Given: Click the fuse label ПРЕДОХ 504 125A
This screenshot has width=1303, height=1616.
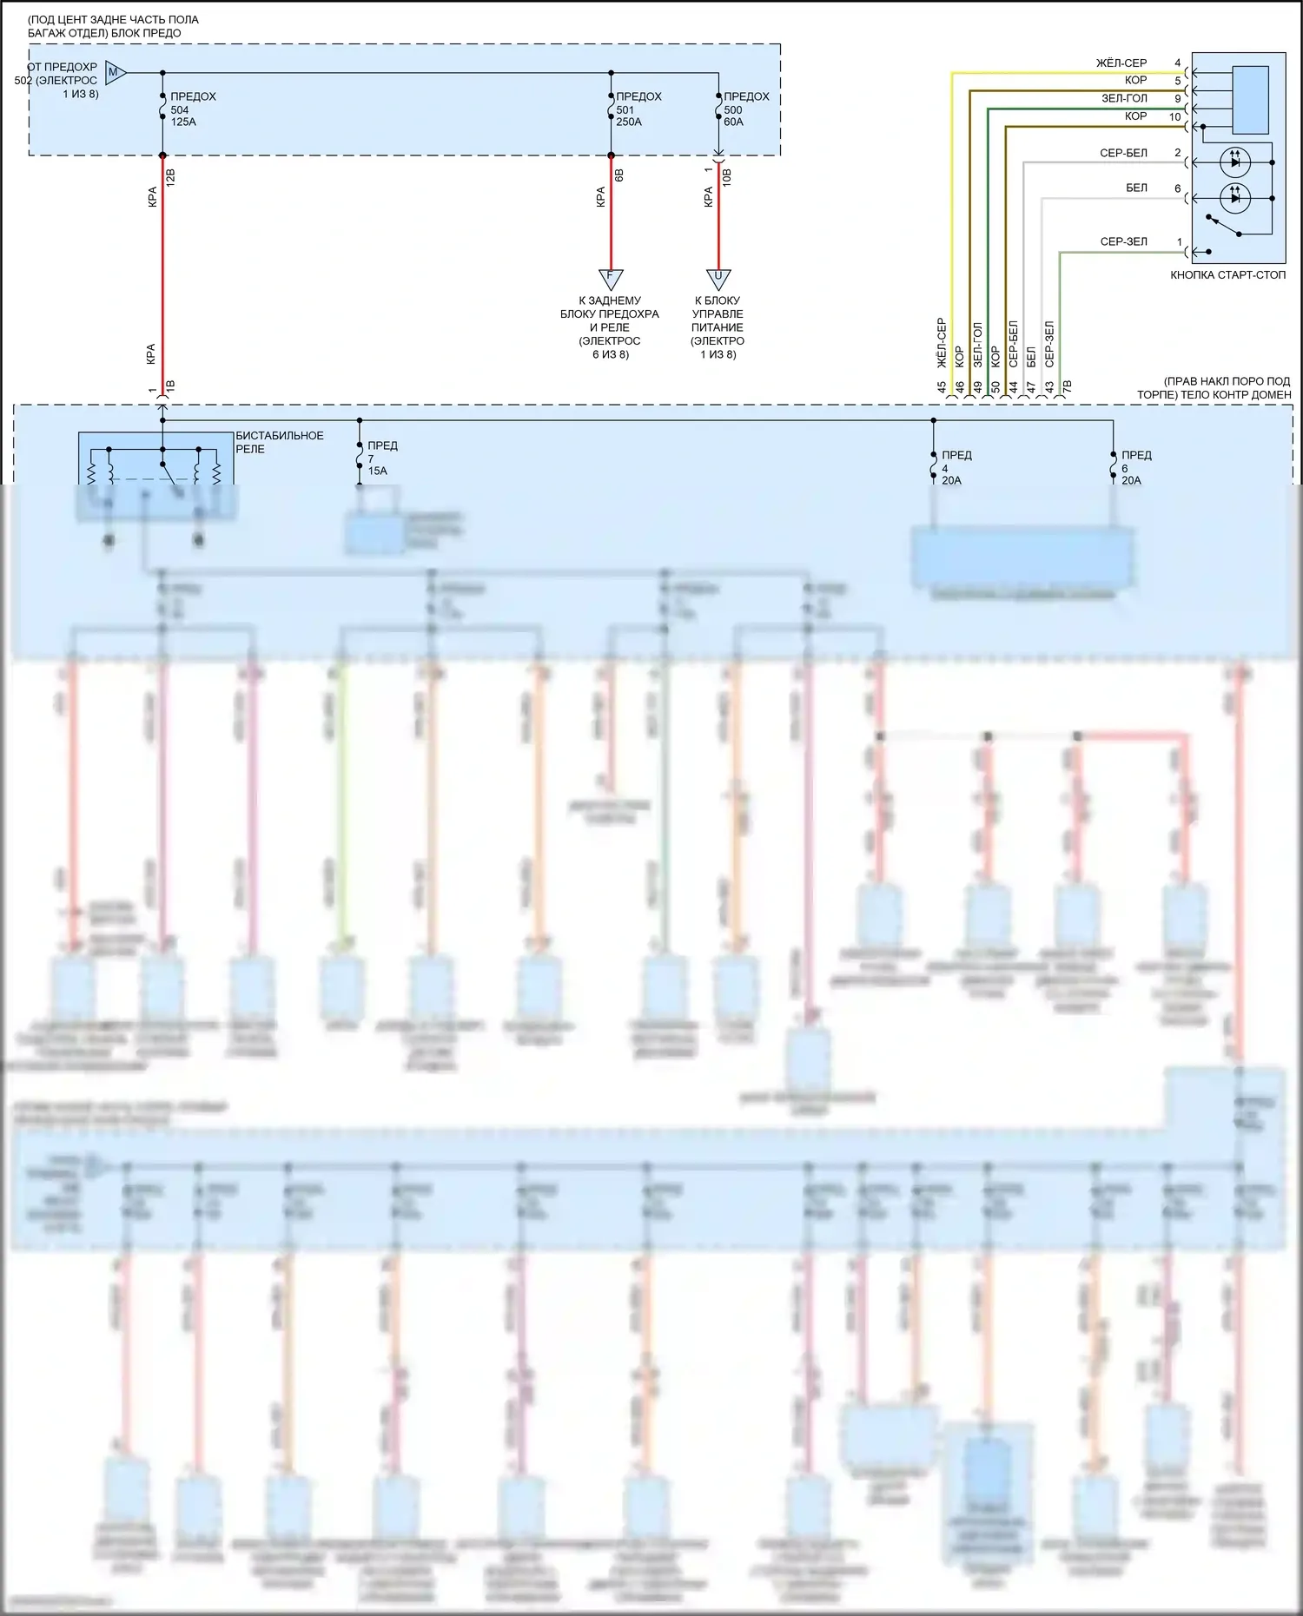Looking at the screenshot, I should [x=192, y=109].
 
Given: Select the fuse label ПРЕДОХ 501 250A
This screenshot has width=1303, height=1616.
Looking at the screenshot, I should [x=638, y=109].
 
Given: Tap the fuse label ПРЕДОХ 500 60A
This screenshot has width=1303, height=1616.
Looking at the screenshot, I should [x=745, y=109].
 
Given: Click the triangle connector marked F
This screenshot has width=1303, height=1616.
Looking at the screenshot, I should [x=611, y=280].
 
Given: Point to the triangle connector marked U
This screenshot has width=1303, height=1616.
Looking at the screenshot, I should [x=718, y=280].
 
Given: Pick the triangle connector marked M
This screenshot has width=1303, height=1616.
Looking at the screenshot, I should [x=116, y=73].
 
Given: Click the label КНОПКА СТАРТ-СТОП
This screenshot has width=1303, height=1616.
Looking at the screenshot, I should [x=1227, y=275].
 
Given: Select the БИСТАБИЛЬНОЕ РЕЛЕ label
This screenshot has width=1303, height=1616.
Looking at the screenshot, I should [x=279, y=442].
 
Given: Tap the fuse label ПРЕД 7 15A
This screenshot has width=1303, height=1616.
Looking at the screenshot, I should [x=381, y=458].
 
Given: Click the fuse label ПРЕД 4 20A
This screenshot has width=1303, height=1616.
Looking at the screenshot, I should [x=956, y=467].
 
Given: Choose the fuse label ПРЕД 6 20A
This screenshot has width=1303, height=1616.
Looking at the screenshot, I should [x=1135, y=467].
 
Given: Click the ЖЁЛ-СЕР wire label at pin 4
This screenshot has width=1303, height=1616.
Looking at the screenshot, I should [x=1121, y=63].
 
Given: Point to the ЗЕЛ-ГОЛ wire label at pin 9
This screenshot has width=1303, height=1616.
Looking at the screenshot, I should [x=1124, y=99].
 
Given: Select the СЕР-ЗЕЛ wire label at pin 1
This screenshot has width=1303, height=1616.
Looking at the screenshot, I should [x=1123, y=242].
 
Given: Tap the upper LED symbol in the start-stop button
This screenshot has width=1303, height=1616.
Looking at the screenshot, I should [x=1235, y=162].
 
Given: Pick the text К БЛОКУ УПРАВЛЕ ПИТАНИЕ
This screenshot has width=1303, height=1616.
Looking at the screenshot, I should [x=718, y=313].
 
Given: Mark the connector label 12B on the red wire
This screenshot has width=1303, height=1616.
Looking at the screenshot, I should [x=171, y=178].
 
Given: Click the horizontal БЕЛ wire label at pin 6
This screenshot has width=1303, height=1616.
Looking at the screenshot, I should [x=1136, y=188].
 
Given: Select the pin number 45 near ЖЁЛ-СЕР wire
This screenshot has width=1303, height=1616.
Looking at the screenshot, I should [x=942, y=387].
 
